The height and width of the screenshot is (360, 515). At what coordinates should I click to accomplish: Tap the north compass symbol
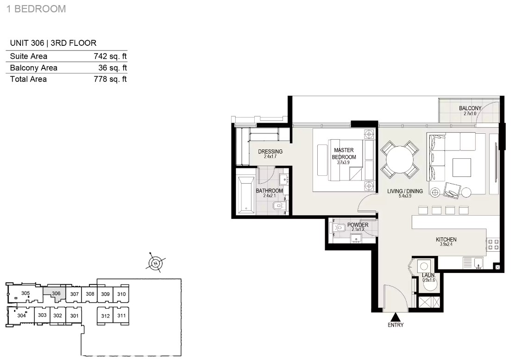[155, 263]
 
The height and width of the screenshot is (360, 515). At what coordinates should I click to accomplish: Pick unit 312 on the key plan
[106, 316]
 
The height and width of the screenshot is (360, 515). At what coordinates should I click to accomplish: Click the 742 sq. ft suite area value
[110, 56]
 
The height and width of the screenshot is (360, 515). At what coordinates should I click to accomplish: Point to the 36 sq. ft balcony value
[113, 68]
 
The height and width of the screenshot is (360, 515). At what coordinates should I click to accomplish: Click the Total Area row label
[28, 79]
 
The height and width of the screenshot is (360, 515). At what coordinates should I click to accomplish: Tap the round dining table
[400, 160]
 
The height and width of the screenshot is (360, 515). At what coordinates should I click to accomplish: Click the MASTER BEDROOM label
[344, 154]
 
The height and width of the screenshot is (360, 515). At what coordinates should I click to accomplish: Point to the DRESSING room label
[270, 152]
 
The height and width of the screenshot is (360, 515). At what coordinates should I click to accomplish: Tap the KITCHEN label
[446, 240]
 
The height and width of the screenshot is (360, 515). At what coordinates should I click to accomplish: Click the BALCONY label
[470, 108]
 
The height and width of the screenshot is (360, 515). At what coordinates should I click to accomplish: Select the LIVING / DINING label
[405, 191]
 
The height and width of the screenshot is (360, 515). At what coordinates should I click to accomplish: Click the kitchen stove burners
[493, 244]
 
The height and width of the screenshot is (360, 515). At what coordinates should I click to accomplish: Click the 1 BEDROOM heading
[36, 9]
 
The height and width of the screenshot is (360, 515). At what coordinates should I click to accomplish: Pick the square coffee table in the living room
[461, 168]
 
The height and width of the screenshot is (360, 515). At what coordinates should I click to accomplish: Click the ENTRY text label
[396, 325]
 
